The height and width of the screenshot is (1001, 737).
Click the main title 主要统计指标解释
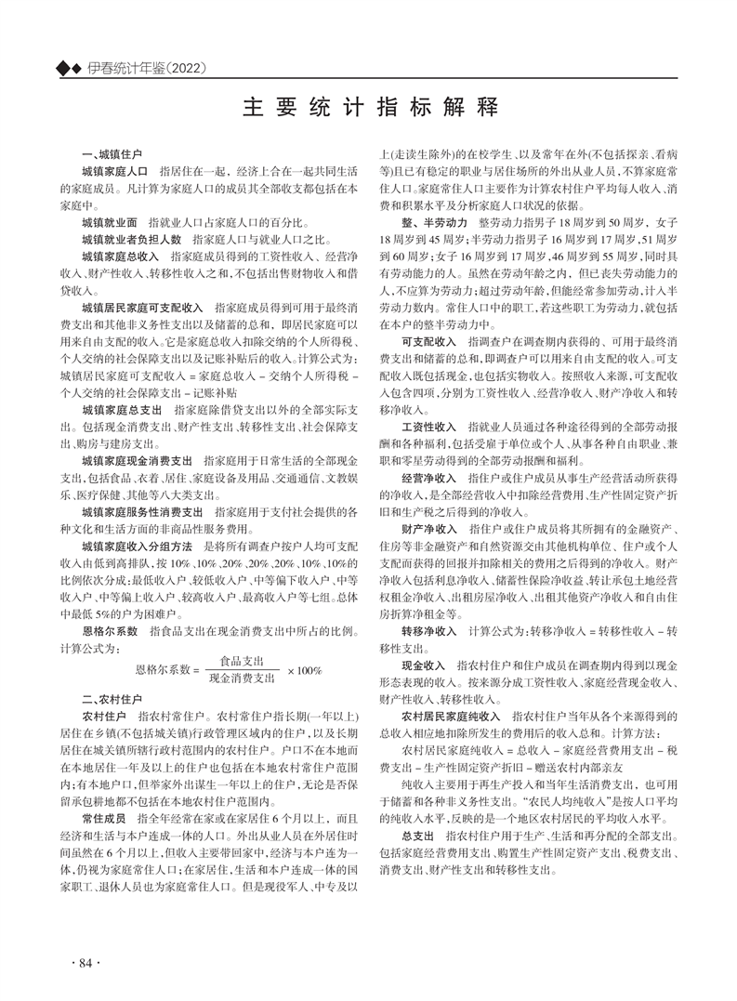(x=367, y=105)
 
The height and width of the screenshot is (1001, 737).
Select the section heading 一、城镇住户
(x=112, y=151)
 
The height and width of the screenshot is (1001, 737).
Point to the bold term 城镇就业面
(x=110, y=223)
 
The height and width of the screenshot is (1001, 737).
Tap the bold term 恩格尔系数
(x=110, y=630)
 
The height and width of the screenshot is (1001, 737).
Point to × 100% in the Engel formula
(x=304, y=669)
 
